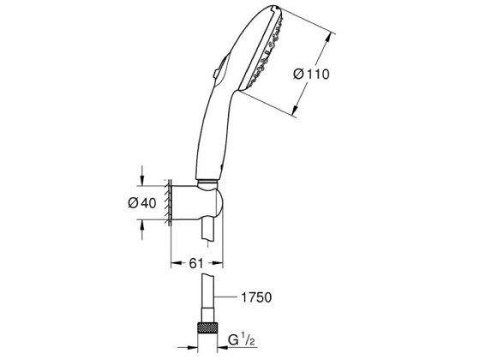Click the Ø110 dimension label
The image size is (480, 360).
311,75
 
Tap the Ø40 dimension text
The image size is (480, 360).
142,202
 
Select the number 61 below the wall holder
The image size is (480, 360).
196,263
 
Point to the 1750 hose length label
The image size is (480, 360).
256,297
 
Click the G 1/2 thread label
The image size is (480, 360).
242,341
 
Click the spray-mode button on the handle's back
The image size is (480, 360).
219,69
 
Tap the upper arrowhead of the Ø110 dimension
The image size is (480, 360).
327,39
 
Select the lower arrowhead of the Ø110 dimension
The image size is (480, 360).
295,110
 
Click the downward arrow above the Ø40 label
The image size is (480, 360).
141,176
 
